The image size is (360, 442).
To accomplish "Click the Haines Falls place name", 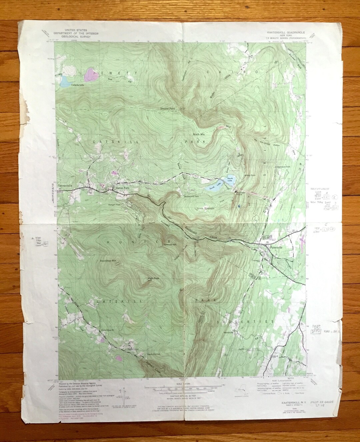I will point(122,188).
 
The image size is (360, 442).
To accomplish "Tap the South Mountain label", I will point(204,208).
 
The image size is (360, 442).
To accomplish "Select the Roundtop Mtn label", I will point(107,260).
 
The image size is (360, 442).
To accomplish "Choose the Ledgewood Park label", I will point(283,166).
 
